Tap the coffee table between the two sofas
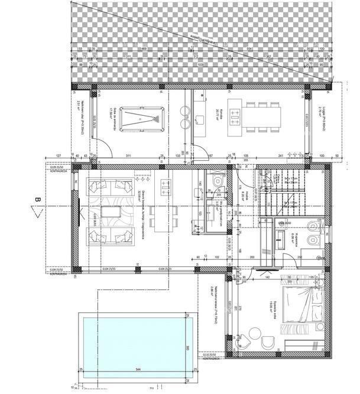coord(111,211)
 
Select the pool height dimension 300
coord(186,348)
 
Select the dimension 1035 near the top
coord(201,64)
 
